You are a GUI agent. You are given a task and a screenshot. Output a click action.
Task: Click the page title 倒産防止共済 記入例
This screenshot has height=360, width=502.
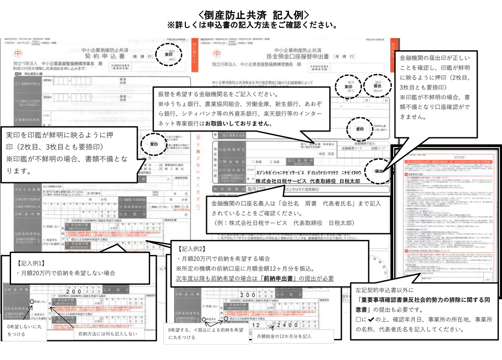[251, 14]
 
